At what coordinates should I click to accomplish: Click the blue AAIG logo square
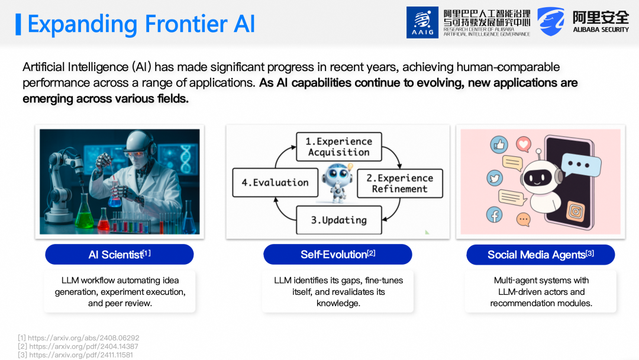(422, 22)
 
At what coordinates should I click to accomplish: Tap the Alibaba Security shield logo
(551, 21)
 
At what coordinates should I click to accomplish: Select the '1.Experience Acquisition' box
(339, 147)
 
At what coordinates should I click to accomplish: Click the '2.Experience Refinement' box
(400, 184)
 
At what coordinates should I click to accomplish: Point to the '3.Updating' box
(339, 220)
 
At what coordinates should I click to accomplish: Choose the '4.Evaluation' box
(275, 182)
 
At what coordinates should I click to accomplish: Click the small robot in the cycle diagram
(337, 182)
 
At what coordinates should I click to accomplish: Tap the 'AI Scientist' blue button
(120, 255)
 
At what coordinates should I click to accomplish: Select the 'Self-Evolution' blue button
(338, 255)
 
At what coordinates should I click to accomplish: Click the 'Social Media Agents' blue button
(540, 255)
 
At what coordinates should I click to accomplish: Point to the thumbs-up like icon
(499, 144)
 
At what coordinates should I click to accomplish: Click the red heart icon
(524, 144)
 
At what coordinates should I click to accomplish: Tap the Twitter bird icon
(495, 178)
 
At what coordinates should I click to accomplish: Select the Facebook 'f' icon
(494, 215)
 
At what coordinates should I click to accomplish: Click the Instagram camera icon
(576, 211)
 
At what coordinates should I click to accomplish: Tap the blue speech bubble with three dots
(581, 165)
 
